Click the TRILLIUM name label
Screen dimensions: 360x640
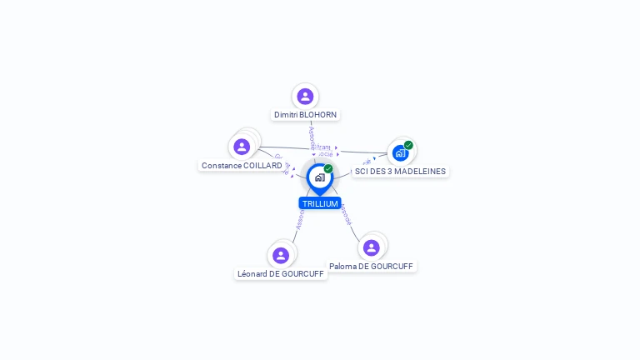320,203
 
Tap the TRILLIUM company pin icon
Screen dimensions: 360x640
319,177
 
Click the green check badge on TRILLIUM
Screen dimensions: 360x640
328,169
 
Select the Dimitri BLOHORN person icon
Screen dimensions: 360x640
305,97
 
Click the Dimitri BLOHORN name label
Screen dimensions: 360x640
306,115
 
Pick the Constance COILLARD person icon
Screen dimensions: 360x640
242,147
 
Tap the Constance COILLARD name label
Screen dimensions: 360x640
242,166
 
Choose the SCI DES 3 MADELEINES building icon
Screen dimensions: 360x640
400,153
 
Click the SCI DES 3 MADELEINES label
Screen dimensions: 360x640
400,172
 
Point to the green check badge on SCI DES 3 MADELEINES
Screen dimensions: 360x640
408,145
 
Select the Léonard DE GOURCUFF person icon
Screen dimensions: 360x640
281,255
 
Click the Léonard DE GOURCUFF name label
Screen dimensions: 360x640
281,273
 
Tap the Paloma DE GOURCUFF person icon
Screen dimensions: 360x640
372,247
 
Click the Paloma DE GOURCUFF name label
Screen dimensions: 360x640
371,266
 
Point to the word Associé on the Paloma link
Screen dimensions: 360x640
347,215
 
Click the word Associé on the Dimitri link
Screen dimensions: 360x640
312,137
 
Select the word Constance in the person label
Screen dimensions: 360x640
222,166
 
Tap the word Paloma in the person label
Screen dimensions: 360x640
342,266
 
